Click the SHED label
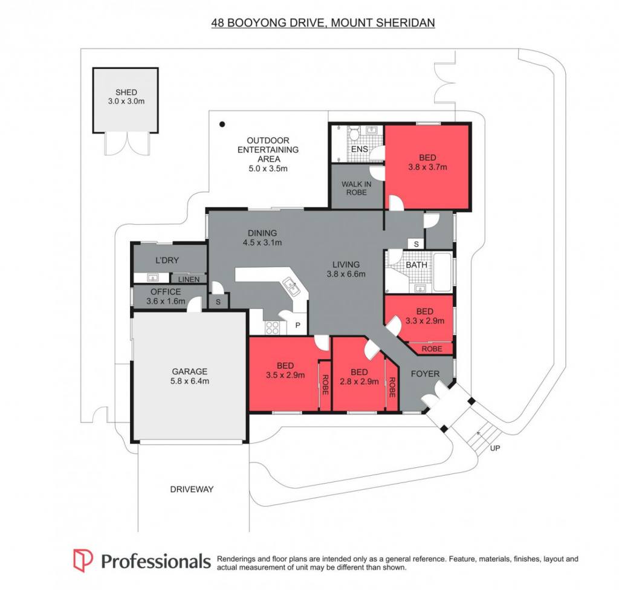tap(126, 92)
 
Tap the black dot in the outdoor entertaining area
tap(222, 125)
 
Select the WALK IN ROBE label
tap(356, 188)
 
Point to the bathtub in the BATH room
tap(443, 272)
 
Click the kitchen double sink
tap(291, 287)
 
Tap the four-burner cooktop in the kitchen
tap(272, 328)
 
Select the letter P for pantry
tap(297, 325)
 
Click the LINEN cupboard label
tap(189, 279)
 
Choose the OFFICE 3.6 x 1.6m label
tap(166, 296)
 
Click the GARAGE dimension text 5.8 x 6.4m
tap(189, 381)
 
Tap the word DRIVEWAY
tap(192, 489)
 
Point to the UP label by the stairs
tap(494, 448)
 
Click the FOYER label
tap(425, 374)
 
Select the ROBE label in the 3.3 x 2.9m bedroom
tap(432, 349)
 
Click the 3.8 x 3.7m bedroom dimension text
tap(427, 167)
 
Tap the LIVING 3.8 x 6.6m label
tap(346, 269)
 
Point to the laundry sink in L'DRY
tap(152, 277)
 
